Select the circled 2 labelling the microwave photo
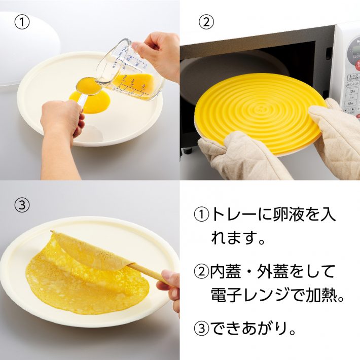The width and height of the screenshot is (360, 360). (205, 22)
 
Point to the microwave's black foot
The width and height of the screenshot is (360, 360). (187, 150)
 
